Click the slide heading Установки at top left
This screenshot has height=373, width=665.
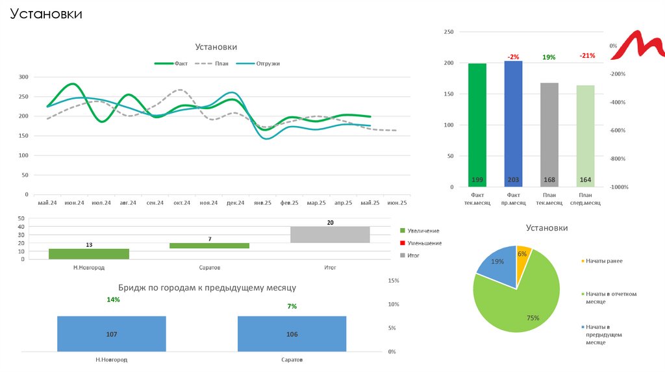pos(45,14)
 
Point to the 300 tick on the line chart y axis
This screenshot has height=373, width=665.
pos(24,77)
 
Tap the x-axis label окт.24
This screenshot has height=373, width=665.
pos(182,203)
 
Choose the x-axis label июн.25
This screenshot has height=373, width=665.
pos(397,203)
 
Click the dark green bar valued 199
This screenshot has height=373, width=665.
pos(477,123)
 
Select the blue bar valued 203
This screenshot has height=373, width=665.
pos(513,123)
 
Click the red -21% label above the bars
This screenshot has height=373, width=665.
pos(587,56)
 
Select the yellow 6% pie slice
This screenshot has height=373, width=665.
pos(523,255)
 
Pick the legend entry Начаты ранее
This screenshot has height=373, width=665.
pos(603,261)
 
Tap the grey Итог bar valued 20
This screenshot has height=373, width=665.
pos(330,235)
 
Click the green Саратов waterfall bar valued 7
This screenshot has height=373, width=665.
pos(209,246)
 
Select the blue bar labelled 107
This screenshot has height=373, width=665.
pos(111,333)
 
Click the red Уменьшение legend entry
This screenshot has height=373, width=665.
pos(425,243)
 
